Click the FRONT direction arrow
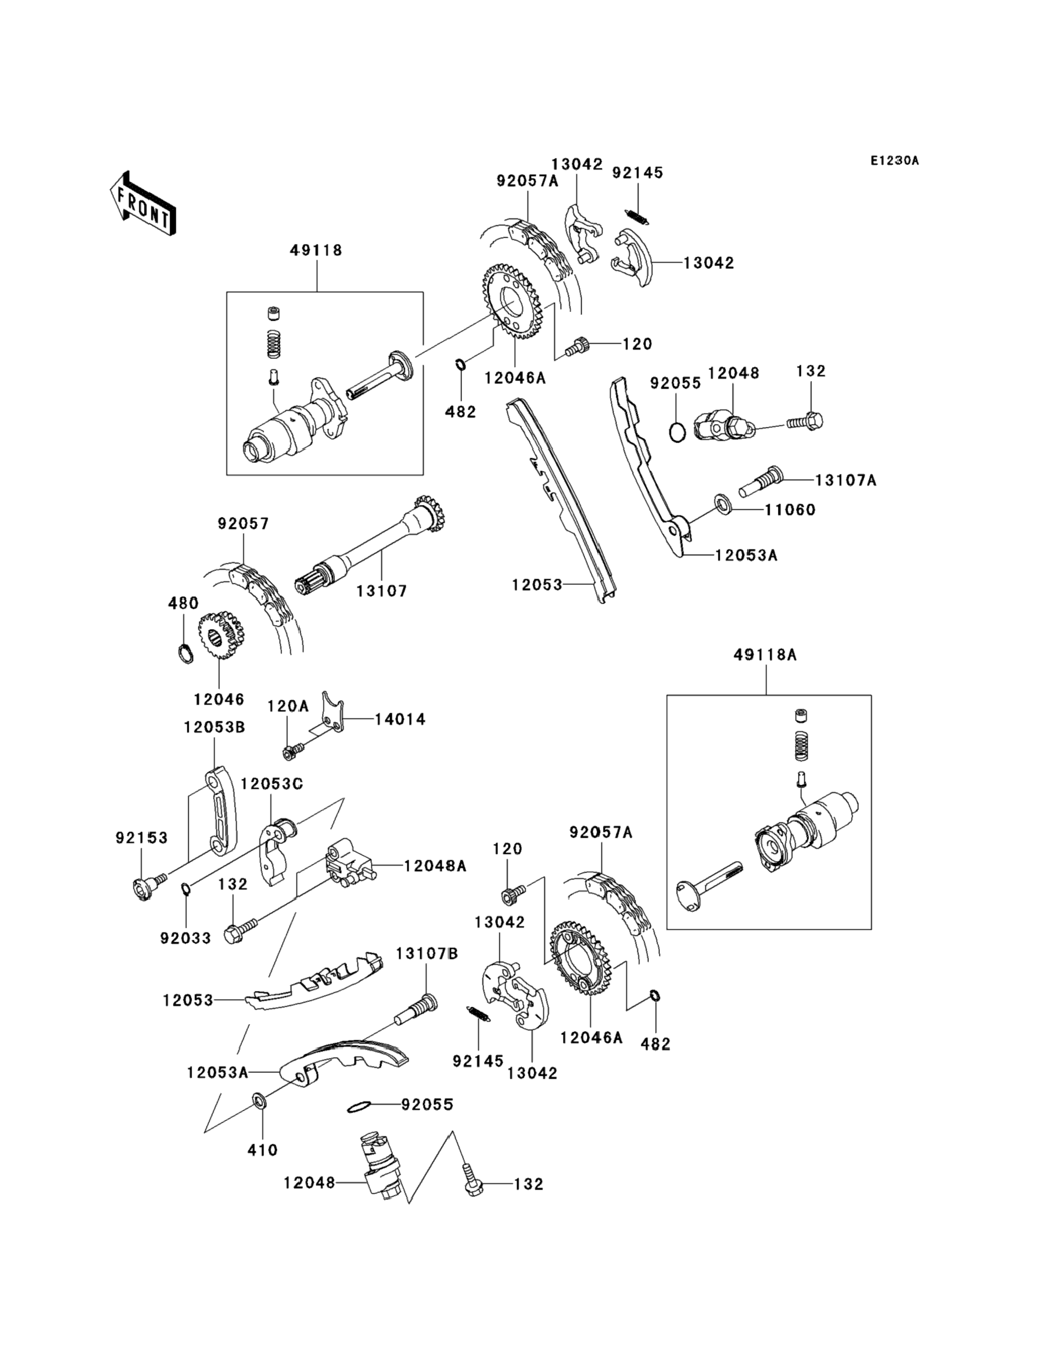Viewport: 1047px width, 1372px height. pyautogui.click(x=142, y=204)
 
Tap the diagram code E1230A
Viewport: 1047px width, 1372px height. pyautogui.click(x=894, y=161)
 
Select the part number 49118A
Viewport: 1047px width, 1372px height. pyautogui.click(x=765, y=655)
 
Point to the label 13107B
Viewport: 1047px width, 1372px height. pyautogui.click(x=427, y=954)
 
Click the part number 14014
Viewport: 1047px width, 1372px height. pyautogui.click(x=399, y=720)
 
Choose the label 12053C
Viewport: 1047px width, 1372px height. pyautogui.click(x=272, y=784)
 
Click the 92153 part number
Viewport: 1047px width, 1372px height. pyautogui.click(x=142, y=838)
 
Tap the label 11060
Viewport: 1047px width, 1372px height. pyautogui.click(x=790, y=510)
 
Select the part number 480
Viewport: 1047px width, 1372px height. pyautogui.click(x=183, y=603)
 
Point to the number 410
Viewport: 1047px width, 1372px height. pyautogui.click(x=262, y=1150)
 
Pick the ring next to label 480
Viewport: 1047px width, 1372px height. pyautogui.click(x=185, y=654)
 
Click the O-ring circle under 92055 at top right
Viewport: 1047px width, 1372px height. pyautogui.click(x=677, y=432)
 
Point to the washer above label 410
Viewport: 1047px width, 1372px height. pyautogui.click(x=259, y=1101)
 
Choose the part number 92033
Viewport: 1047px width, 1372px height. pyautogui.click(x=185, y=938)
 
